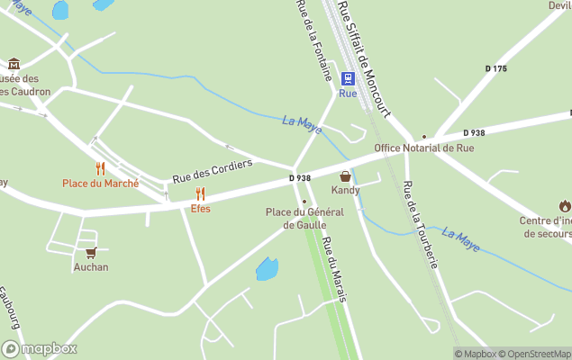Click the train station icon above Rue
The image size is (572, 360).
click(x=348, y=78)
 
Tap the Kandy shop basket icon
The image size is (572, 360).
click(x=345, y=176)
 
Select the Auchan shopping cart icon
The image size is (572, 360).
click(x=90, y=253)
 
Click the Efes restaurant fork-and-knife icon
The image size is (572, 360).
click(x=200, y=193)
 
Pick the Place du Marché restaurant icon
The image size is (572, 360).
click(x=100, y=168)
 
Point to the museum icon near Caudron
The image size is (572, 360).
click(x=14, y=64)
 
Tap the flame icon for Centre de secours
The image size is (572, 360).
click(x=564, y=206)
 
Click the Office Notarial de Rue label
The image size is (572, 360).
click(x=423, y=148)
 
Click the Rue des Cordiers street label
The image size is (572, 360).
click(x=213, y=171)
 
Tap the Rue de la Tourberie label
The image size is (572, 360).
click(x=420, y=225)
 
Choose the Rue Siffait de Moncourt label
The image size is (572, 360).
click(x=363, y=58)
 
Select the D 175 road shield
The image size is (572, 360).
click(x=496, y=68)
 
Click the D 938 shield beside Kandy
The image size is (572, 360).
click(x=300, y=178)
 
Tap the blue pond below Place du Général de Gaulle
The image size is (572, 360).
click(x=267, y=268)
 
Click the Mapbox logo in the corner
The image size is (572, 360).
click(x=40, y=349)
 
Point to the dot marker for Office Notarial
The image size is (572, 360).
click(x=424, y=137)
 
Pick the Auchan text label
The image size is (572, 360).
click(x=90, y=267)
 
